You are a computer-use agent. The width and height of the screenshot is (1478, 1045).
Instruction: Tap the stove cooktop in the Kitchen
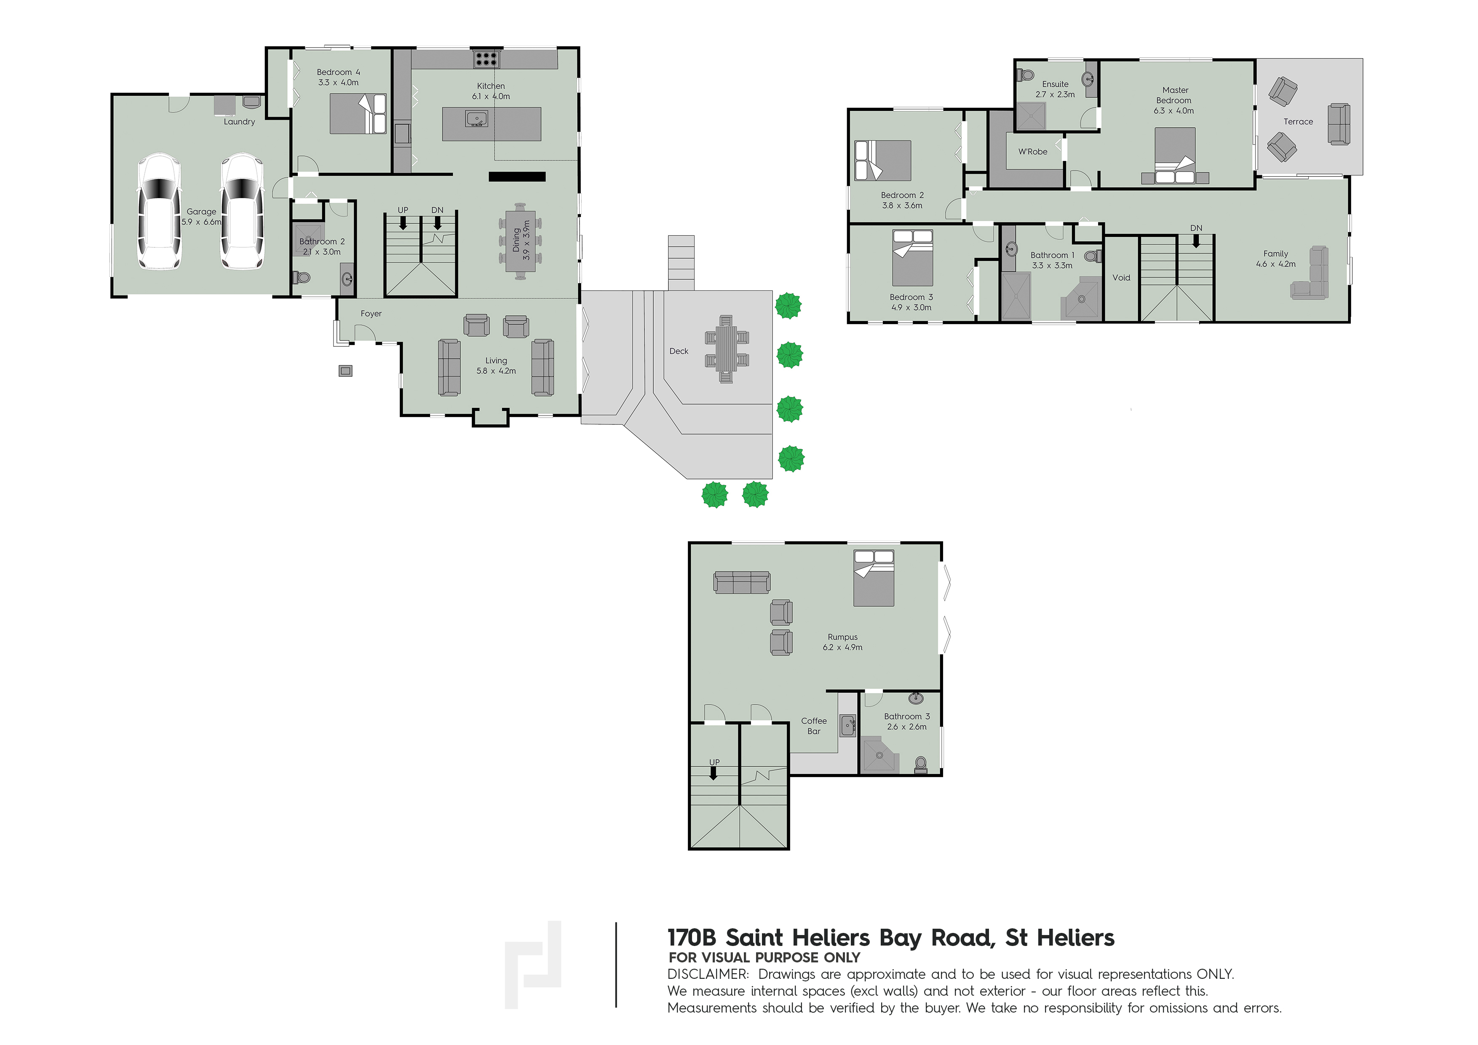(486, 59)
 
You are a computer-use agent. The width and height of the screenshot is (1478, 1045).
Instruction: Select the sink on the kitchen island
(476, 119)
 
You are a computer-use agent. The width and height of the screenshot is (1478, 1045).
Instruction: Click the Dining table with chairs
(520, 241)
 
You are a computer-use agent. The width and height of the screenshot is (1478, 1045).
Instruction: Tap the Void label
(1121, 278)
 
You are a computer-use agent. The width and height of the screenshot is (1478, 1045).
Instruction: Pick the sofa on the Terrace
(1339, 124)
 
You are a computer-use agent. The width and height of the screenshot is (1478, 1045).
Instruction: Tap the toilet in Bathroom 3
(920, 764)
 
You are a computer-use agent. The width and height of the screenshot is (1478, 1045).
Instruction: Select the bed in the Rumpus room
(874, 578)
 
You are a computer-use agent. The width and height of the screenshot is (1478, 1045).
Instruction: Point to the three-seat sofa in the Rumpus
(742, 582)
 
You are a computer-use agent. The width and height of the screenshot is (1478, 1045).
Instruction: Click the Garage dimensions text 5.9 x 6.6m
(201, 222)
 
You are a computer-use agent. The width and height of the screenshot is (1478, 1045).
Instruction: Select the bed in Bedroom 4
(358, 114)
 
